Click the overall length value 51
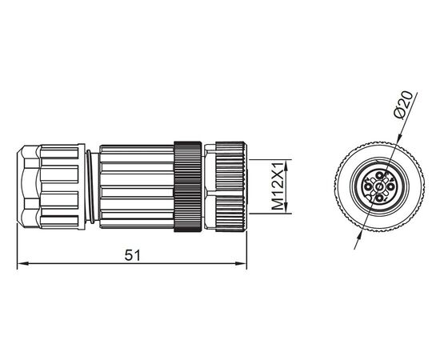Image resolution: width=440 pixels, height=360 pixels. [132, 255]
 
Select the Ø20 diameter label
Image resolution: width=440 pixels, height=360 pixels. [403, 106]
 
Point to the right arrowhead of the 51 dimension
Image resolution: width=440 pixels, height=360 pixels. [241, 263]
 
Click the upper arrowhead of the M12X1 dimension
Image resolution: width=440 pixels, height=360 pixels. [286, 166]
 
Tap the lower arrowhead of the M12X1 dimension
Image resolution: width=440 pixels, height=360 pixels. [286, 208]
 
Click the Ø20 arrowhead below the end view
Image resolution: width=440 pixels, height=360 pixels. [360, 236]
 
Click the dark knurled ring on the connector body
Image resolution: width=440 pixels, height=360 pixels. [187, 186]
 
